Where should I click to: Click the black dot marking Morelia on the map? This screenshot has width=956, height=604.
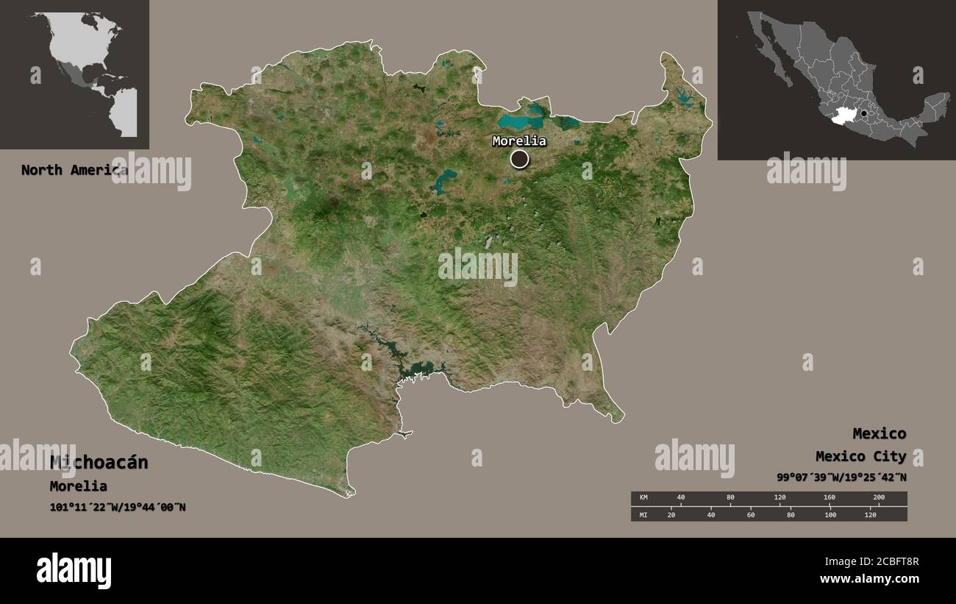519,159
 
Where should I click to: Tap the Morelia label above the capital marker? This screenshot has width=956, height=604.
519,141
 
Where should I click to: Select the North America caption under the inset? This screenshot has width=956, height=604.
74,170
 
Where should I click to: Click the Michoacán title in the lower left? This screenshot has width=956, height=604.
99,463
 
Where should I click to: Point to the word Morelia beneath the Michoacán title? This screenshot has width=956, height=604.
78,486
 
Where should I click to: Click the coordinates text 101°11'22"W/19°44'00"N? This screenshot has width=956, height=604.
118,507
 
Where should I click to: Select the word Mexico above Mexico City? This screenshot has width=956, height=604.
879,433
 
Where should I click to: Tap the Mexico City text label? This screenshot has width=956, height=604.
860,457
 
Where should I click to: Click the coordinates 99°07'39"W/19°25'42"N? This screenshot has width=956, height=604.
841,477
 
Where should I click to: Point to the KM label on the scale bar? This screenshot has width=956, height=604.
643,498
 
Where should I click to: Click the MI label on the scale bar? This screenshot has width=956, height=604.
643,514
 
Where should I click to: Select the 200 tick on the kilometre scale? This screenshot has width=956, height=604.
878,498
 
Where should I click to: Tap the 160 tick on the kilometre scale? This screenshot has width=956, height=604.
829,498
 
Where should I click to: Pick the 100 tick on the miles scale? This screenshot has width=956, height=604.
830,514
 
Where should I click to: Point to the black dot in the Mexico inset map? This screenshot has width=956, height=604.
864,114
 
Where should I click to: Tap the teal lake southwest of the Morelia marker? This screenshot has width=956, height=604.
443,180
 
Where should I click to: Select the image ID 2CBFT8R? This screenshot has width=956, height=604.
889,562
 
